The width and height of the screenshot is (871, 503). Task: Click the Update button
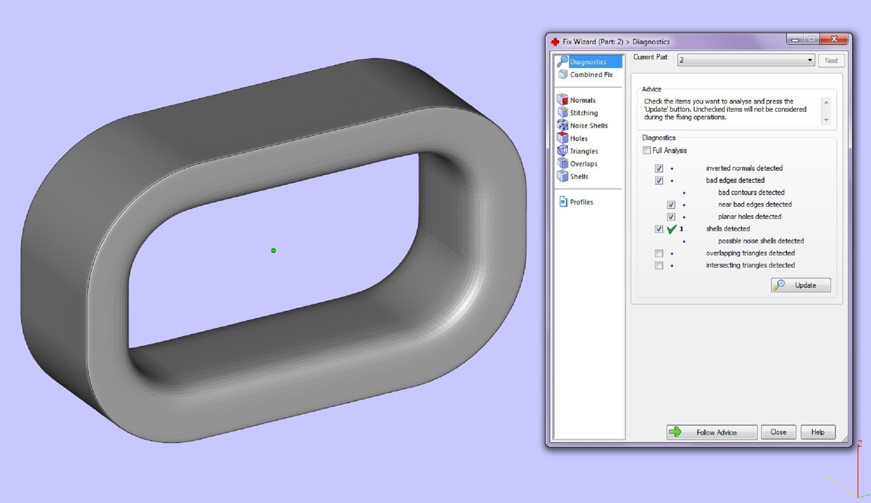800,285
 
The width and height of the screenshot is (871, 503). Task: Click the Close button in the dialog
778,432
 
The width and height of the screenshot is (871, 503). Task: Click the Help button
817,432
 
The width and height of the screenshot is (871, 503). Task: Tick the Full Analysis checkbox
647,150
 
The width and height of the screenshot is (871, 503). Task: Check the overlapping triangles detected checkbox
659,253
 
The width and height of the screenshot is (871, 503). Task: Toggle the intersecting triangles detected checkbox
659,265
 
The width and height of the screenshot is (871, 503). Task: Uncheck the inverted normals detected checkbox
659,168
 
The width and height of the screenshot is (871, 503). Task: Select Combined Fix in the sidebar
591,75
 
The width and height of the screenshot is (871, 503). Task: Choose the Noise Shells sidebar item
588,126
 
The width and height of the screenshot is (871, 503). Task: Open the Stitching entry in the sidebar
584,113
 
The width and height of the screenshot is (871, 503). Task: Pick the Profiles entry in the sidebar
581,202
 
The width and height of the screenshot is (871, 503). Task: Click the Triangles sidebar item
584,151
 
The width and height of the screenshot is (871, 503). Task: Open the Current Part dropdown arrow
809,60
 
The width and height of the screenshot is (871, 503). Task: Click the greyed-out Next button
831,60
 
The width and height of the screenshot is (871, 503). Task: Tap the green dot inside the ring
274,251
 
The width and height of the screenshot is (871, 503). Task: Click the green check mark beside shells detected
672,229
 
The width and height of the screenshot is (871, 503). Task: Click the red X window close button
834,39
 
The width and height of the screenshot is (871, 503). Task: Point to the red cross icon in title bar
555,42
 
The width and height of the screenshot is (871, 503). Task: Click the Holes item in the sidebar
578,139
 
